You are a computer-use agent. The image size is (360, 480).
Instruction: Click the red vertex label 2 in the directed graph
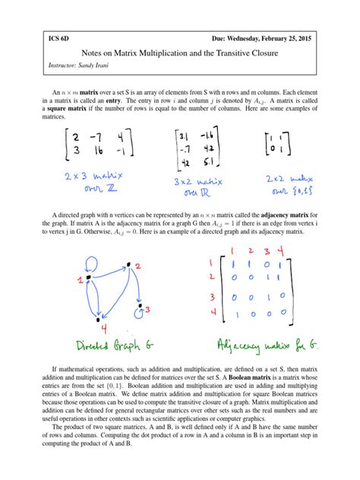pos(139,264)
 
